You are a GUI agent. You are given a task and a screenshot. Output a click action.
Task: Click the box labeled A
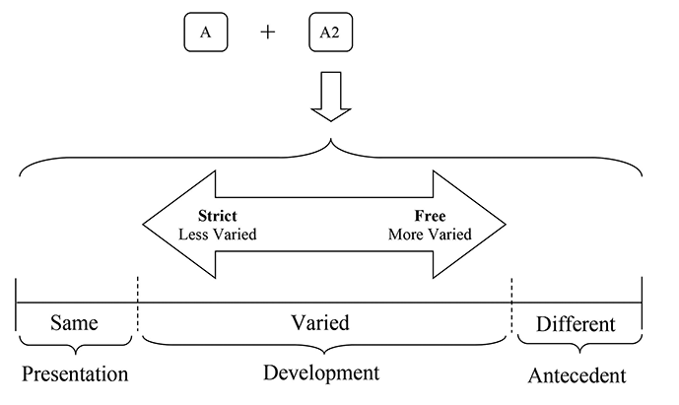[x=205, y=33]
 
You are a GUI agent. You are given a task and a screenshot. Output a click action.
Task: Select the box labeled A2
[x=329, y=33]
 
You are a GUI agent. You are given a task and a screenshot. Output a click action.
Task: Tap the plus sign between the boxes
[x=267, y=33]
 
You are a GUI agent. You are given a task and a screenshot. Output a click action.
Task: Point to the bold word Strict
[x=217, y=216]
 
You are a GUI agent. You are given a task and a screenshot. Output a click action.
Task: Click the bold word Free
[x=430, y=216]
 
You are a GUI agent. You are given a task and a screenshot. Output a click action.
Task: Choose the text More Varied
[x=430, y=235]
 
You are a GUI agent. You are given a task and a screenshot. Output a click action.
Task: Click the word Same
[x=75, y=323]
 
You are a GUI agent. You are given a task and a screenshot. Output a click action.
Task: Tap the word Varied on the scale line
[x=320, y=323]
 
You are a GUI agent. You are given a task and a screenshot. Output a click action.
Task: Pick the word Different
[x=577, y=323]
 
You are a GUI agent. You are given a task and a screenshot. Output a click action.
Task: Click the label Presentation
[x=75, y=374]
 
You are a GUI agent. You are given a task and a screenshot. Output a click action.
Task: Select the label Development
[x=321, y=372]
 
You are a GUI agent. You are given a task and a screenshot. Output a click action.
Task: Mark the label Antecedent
[x=577, y=375]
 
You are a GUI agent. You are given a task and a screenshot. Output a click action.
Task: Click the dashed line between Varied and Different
[x=511, y=310]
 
